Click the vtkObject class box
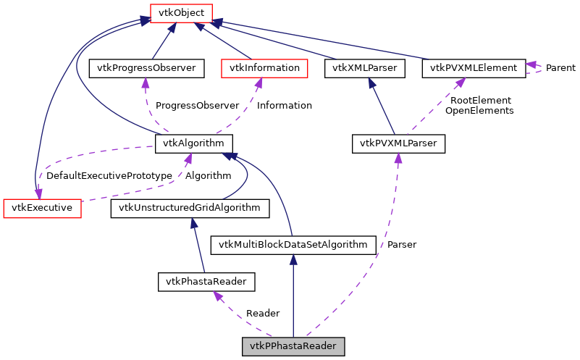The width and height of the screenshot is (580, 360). point(180,12)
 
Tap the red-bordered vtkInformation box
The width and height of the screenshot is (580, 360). point(264,68)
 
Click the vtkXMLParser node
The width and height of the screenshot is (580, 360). point(365,68)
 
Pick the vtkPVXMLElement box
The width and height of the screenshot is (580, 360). point(474,68)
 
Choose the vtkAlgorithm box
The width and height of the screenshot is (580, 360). point(193,143)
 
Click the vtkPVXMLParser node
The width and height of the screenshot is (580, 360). point(398,143)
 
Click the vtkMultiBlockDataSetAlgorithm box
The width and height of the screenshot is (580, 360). point(293,244)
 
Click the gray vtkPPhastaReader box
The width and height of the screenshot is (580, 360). point(293,346)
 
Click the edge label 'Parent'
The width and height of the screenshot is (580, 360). point(560,68)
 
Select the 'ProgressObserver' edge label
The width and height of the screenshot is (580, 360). point(198,105)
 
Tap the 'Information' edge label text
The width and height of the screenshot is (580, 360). point(285,105)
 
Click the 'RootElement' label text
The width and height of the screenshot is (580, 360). point(481,100)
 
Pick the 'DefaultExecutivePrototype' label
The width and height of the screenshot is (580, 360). point(109,175)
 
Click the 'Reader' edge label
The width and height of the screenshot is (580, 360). point(263,313)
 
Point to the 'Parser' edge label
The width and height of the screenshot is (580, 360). point(402,244)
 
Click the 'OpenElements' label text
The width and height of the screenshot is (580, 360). point(479,111)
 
